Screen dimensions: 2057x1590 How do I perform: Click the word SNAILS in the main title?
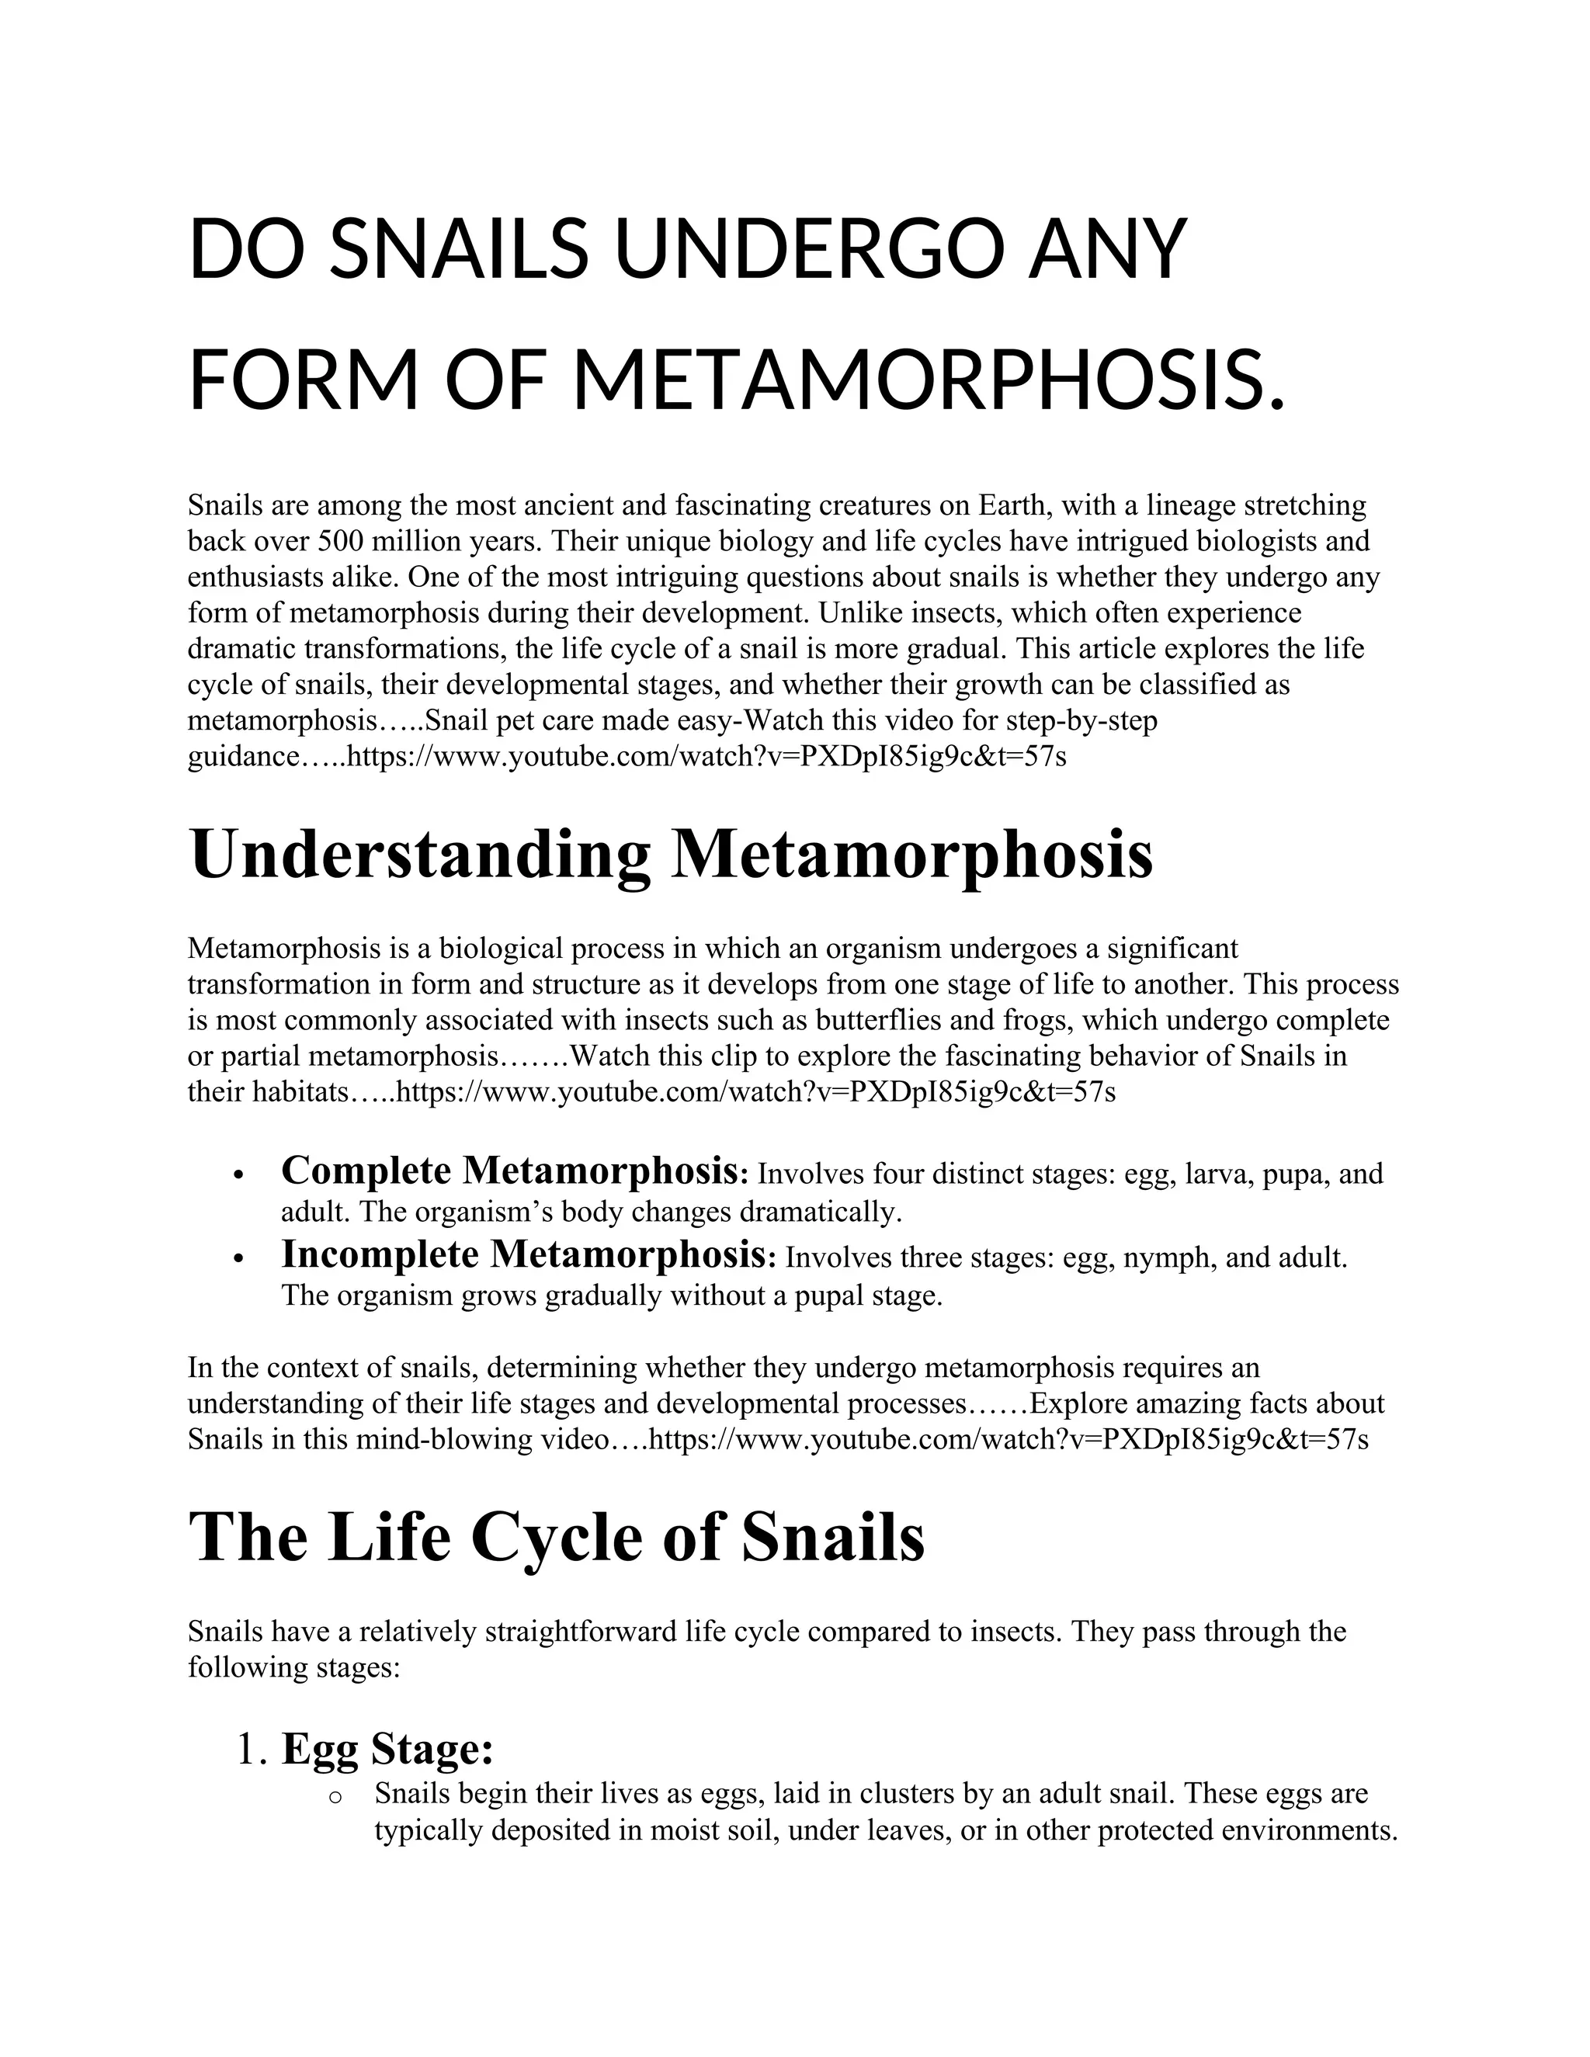460,250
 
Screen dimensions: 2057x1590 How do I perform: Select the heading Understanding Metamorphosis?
671,853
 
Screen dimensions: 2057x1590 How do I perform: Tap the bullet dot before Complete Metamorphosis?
239,1175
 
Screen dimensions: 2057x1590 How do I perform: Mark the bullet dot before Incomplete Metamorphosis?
239,1259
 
